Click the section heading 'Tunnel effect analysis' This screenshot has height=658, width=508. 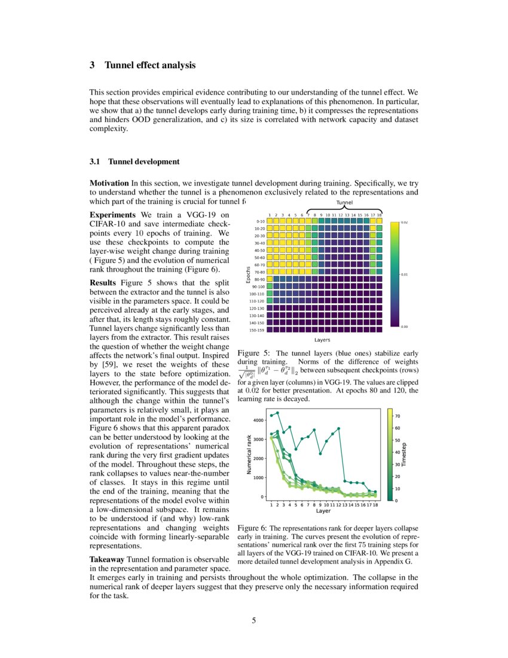150,65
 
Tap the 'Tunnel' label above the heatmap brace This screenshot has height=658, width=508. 345,203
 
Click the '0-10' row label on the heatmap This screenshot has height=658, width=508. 260,221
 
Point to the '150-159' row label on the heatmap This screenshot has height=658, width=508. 257,330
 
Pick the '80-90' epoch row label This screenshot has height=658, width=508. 259,279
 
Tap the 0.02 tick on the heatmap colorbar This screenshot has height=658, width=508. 404,222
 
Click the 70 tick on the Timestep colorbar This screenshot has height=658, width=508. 397,415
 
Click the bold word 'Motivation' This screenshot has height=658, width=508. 109,183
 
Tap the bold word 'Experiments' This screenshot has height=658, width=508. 113,215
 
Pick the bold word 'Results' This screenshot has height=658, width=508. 103,282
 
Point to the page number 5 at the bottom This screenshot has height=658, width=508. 254,620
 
